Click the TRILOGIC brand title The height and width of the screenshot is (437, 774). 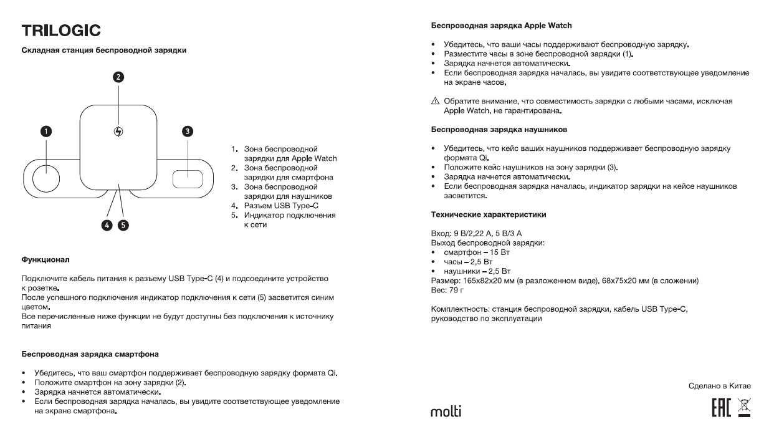tap(61, 31)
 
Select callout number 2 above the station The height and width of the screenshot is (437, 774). tap(118, 77)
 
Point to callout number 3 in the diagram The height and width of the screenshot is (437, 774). tap(188, 131)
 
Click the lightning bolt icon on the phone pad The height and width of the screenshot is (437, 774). tap(119, 132)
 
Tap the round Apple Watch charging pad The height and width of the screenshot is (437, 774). tap(45, 178)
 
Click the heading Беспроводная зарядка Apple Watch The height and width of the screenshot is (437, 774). tap(501, 26)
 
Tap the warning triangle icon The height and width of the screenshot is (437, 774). tap(435, 102)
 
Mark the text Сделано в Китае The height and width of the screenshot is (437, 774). tap(719, 386)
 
